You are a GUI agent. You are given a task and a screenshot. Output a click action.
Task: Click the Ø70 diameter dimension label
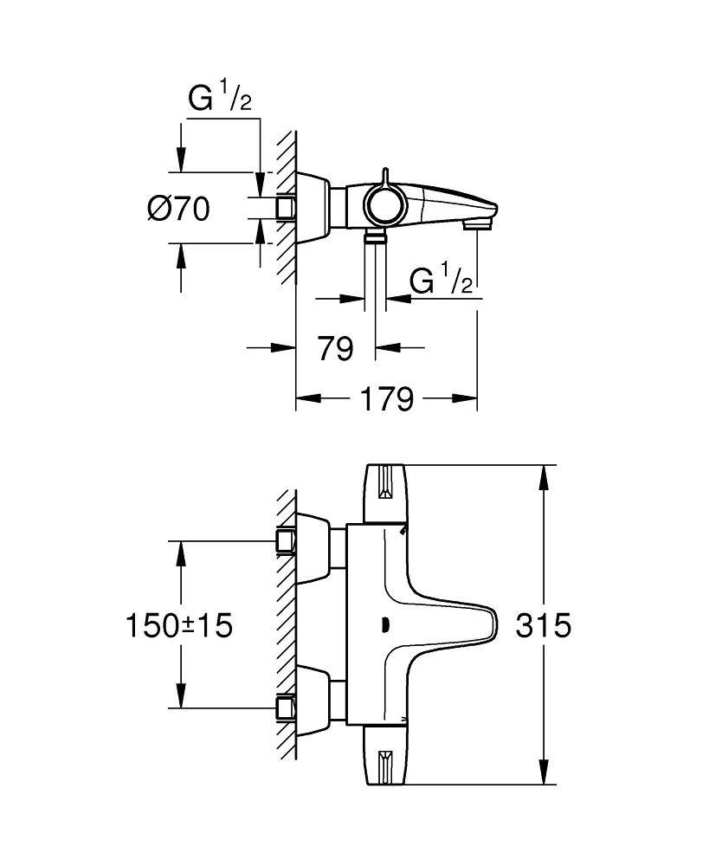click(178, 209)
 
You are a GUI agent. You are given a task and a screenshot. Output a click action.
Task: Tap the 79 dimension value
click(334, 348)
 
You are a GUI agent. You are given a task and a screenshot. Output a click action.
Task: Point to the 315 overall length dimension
click(544, 624)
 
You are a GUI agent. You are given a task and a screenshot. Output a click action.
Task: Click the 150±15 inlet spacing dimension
click(179, 624)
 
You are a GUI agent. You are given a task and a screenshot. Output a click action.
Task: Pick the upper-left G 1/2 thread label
click(220, 99)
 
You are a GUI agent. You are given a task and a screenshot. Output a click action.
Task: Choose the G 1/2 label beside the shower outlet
click(442, 282)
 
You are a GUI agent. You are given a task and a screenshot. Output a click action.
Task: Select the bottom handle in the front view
click(386, 755)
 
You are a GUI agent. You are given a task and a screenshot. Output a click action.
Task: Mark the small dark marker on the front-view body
click(385, 626)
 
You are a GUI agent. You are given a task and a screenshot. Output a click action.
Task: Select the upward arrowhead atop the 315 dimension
click(545, 473)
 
